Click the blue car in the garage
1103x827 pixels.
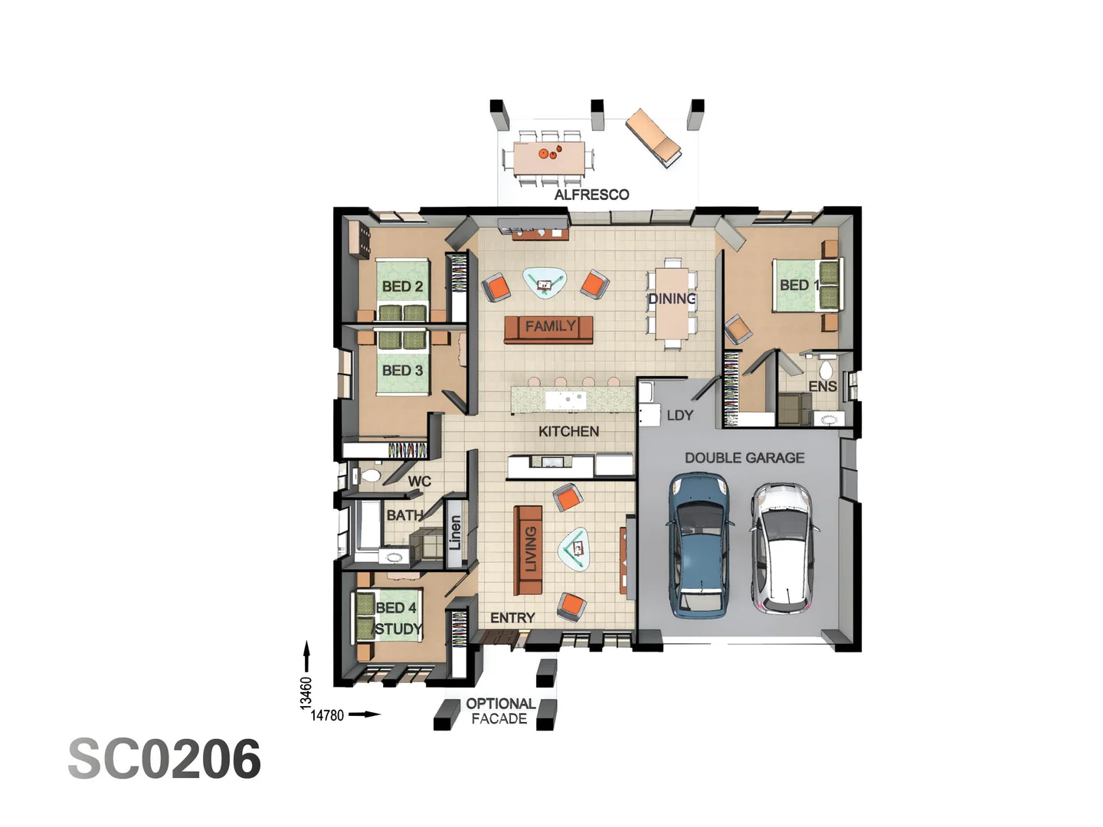coord(698,544)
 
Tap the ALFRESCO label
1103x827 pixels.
coord(591,194)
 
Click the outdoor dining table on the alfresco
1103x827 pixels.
coord(548,159)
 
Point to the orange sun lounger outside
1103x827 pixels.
coord(653,137)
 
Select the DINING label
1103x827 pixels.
coord(672,299)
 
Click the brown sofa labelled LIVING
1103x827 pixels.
coord(529,550)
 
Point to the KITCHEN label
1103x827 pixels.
coord(568,431)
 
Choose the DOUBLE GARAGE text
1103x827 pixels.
coord(744,458)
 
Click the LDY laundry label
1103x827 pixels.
coord(679,415)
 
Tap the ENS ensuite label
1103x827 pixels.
coord(823,386)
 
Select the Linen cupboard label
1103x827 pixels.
coord(455,532)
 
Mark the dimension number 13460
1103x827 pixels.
coord(306,692)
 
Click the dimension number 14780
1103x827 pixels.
coord(327,715)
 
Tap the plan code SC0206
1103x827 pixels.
coord(165,760)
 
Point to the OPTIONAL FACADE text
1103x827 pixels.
coord(500,711)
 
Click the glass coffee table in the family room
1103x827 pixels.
coord(545,283)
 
